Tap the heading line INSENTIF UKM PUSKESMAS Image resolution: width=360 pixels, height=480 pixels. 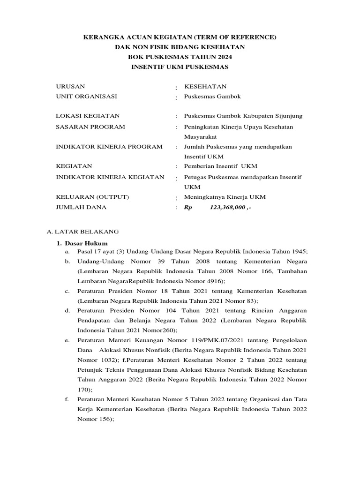(180, 67)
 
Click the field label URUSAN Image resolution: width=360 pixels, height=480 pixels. (70, 87)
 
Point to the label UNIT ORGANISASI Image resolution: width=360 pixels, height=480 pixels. (86, 97)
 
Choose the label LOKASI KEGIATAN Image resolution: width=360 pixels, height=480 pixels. (88, 116)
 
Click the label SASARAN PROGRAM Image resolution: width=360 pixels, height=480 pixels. (90, 127)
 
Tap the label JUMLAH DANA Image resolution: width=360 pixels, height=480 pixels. (81, 207)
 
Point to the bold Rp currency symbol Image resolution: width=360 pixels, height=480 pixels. (188, 207)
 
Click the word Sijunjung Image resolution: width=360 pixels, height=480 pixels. (290, 116)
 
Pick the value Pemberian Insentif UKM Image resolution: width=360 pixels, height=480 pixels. (220, 166)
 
